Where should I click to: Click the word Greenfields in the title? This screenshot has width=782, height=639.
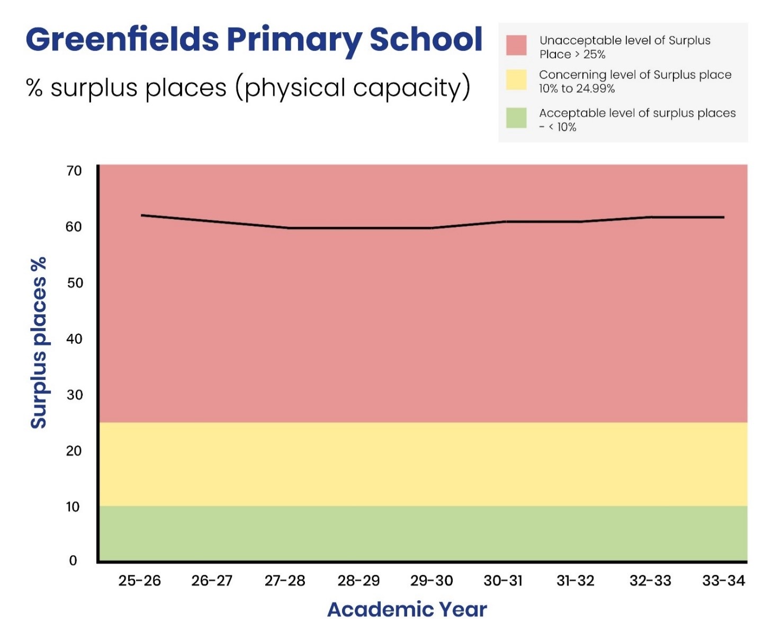(x=122, y=40)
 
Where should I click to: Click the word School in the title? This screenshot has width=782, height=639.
(x=426, y=40)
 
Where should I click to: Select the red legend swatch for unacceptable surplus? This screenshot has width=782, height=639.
(x=516, y=46)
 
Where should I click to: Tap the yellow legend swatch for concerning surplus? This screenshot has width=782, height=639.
(x=516, y=79)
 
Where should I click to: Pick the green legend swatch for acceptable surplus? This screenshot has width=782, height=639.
(x=516, y=118)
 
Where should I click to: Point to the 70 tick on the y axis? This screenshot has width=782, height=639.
(x=74, y=171)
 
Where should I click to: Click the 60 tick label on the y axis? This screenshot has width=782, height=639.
(x=74, y=227)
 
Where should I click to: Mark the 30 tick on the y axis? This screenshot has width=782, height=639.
(x=74, y=395)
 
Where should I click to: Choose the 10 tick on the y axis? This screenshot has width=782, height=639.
(x=73, y=507)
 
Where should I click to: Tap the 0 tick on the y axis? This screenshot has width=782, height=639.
(x=73, y=560)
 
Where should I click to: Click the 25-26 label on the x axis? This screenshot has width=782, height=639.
(x=139, y=581)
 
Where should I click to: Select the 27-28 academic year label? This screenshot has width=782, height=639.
(x=285, y=581)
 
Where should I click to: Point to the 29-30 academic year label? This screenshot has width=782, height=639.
(x=432, y=581)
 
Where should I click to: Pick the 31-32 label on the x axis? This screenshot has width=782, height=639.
(x=576, y=581)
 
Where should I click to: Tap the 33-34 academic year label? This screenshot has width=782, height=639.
(x=723, y=581)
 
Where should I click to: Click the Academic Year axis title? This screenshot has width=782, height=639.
(x=407, y=609)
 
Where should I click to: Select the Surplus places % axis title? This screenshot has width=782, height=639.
(x=39, y=343)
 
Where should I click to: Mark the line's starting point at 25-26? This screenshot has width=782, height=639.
(x=142, y=215)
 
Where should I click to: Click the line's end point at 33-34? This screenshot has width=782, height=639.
(x=723, y=217)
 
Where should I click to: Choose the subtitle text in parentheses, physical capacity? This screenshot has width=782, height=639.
(x=353, y=88)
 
